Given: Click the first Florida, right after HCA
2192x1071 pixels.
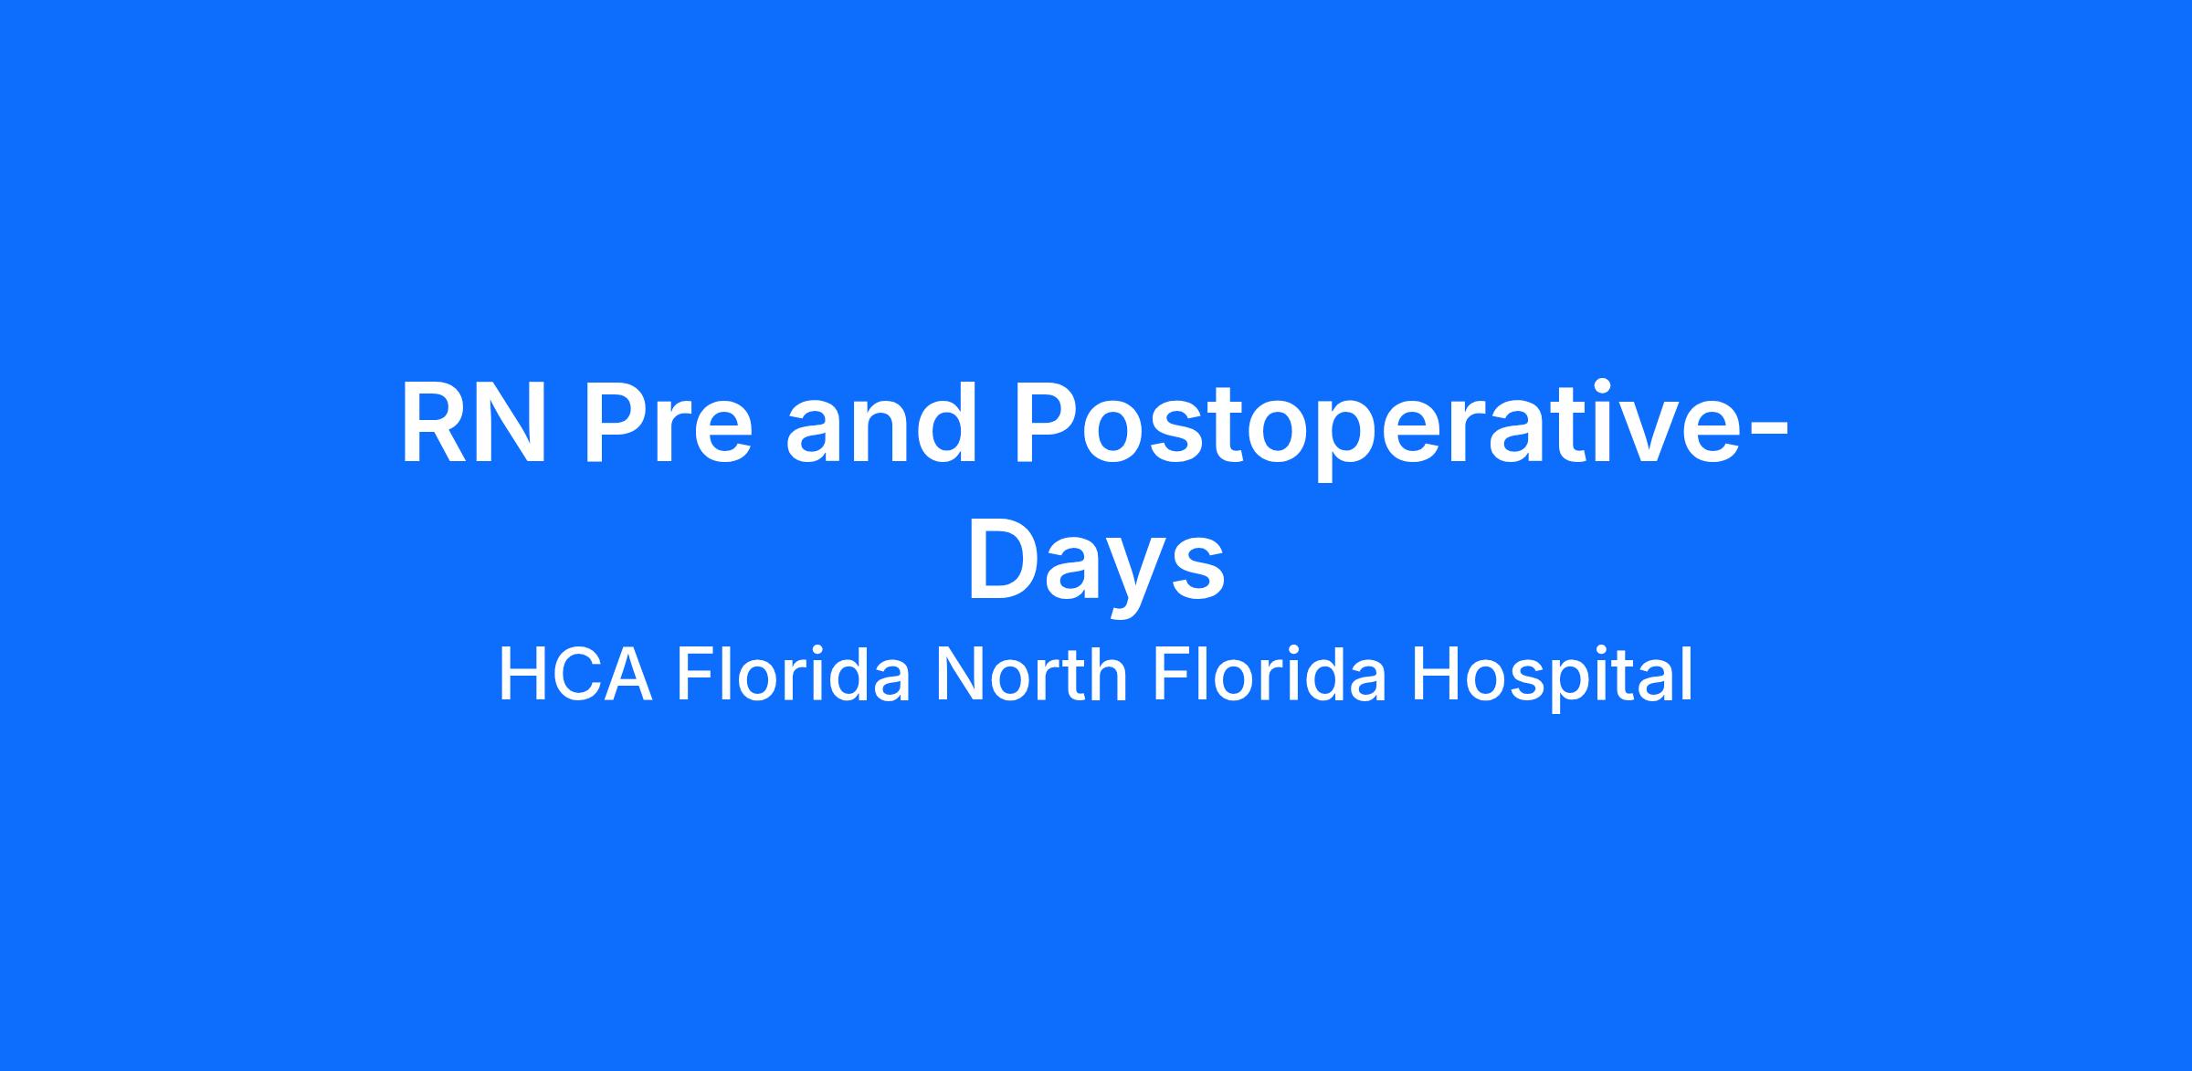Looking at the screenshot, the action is click(793, 675).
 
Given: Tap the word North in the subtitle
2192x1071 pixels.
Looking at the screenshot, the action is click(1031, 675).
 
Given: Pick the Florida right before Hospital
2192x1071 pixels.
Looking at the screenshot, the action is click(1270, 675).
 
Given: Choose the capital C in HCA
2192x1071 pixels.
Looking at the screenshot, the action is click(573, 676).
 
